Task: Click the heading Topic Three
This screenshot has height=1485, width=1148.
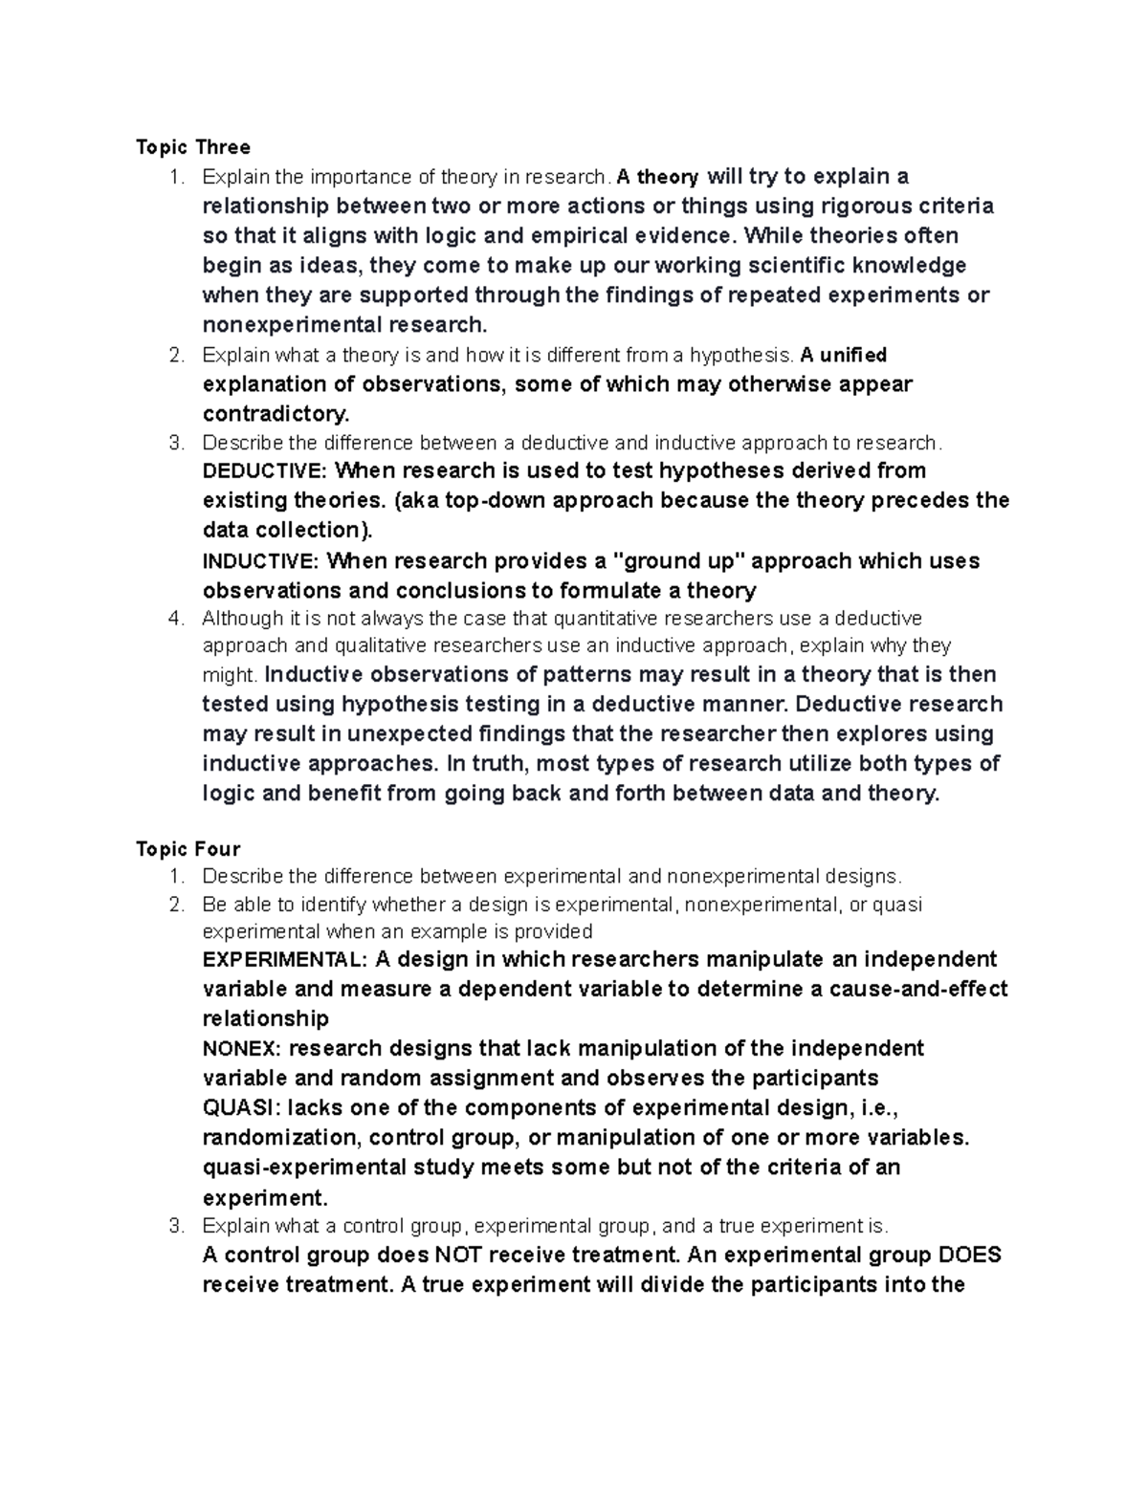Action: [193, 147]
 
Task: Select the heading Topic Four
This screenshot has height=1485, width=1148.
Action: [188, 849]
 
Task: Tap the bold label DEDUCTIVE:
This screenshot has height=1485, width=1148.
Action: [265, 471]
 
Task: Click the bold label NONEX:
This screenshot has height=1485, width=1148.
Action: [237, 1049]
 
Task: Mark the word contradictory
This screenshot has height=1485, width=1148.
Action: [276, 415]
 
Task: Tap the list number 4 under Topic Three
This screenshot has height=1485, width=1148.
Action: [175, 619]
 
